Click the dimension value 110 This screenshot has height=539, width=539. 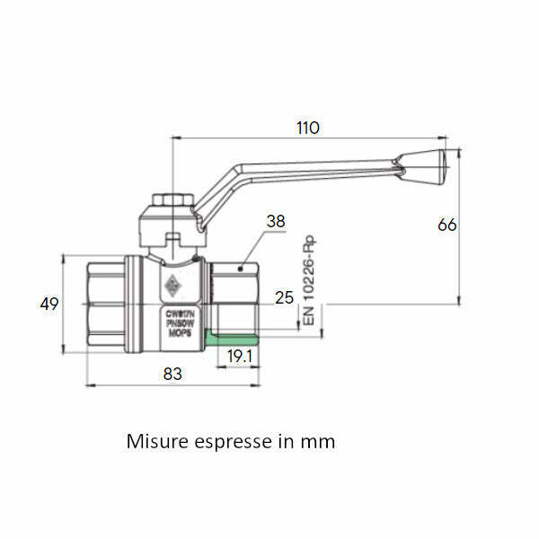307,128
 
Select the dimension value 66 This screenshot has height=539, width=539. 446,225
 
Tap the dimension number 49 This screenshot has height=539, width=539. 49,304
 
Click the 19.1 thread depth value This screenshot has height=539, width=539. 239,356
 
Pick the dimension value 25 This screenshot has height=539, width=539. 285,297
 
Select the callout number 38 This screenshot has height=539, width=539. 277,221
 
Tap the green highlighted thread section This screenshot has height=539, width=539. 233,339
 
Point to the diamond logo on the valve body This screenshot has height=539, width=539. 172,287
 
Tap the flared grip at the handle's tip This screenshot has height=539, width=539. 429,163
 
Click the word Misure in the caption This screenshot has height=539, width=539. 156,442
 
